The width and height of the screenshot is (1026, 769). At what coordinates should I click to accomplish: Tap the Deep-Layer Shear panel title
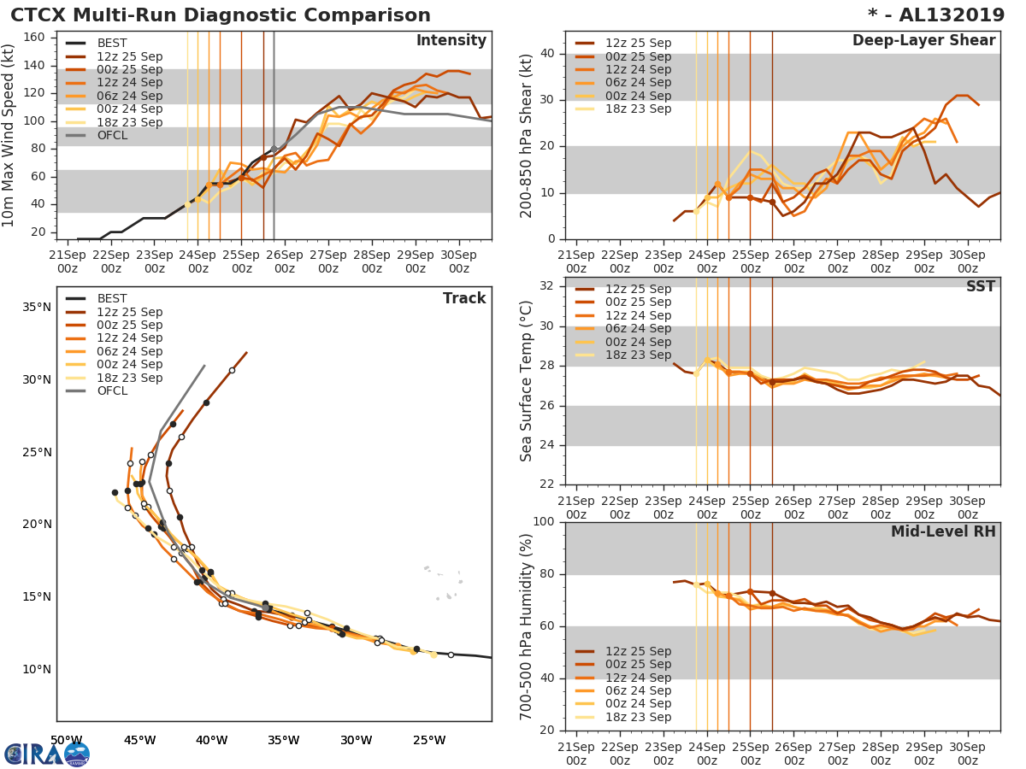click(x=923, y=41)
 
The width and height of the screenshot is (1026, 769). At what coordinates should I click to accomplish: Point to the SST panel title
click(x=981, y=287)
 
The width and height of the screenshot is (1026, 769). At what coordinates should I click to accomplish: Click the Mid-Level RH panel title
click(x=943, y=532)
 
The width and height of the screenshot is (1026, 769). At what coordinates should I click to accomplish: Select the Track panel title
click(x=464, y=298)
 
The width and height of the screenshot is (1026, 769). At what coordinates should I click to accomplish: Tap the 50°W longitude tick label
click(x=66, y=740)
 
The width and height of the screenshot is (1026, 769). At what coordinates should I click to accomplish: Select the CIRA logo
click(x=47, y=754)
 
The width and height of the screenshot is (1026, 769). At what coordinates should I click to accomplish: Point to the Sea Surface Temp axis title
click(x=527, y=380)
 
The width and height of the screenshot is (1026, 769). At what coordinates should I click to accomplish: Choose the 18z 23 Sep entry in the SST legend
click(x=637, y=355)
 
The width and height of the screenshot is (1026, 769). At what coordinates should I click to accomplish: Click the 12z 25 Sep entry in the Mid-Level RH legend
click(x=637, y=651)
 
